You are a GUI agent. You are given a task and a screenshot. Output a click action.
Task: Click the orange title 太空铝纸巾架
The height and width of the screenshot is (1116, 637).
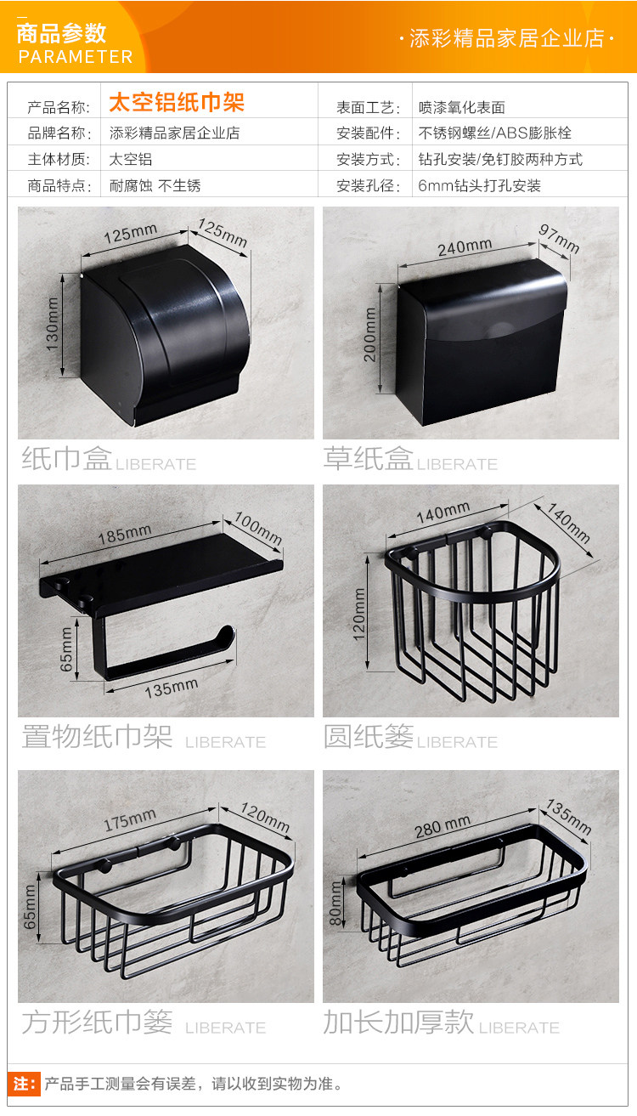pos(177,102)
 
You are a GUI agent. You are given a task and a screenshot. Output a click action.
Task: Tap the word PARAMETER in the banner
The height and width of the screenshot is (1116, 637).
pos(76,57)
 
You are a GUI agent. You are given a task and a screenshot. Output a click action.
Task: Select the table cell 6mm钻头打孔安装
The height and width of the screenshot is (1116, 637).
pos(479,186)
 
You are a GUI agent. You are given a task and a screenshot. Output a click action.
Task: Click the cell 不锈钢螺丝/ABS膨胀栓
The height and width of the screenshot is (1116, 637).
pos(494,133)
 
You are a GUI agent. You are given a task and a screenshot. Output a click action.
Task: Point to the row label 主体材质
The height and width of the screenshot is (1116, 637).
pos(59,160)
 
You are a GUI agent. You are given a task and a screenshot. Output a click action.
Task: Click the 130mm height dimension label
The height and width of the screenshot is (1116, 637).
pos(52,324)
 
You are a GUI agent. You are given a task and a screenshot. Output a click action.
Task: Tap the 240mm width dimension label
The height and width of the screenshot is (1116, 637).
pos(465,247)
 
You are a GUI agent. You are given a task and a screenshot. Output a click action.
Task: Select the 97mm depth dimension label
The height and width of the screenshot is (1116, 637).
pos(560,239)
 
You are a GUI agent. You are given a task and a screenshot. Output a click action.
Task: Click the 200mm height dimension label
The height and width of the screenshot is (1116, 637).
pos(369,334)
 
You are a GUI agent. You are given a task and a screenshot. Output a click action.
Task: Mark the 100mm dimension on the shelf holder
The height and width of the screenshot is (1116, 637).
pos(258,528)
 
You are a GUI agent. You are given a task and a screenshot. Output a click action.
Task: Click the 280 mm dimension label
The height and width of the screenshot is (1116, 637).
pos(443,826)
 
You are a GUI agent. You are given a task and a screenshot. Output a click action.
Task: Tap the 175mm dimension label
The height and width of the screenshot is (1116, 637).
pos(130,820)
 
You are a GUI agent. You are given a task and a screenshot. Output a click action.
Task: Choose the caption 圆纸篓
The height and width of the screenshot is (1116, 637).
pos(369,736)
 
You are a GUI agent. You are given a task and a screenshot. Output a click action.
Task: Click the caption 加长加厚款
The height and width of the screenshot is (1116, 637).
pos(398,1022)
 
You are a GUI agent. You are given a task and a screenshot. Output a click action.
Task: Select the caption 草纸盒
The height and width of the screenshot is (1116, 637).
pos(368,458)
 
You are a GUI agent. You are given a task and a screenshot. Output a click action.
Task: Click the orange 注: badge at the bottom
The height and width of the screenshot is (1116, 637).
pos(24,1084)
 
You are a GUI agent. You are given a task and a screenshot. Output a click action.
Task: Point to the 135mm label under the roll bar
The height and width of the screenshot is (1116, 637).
pos(172,688)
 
